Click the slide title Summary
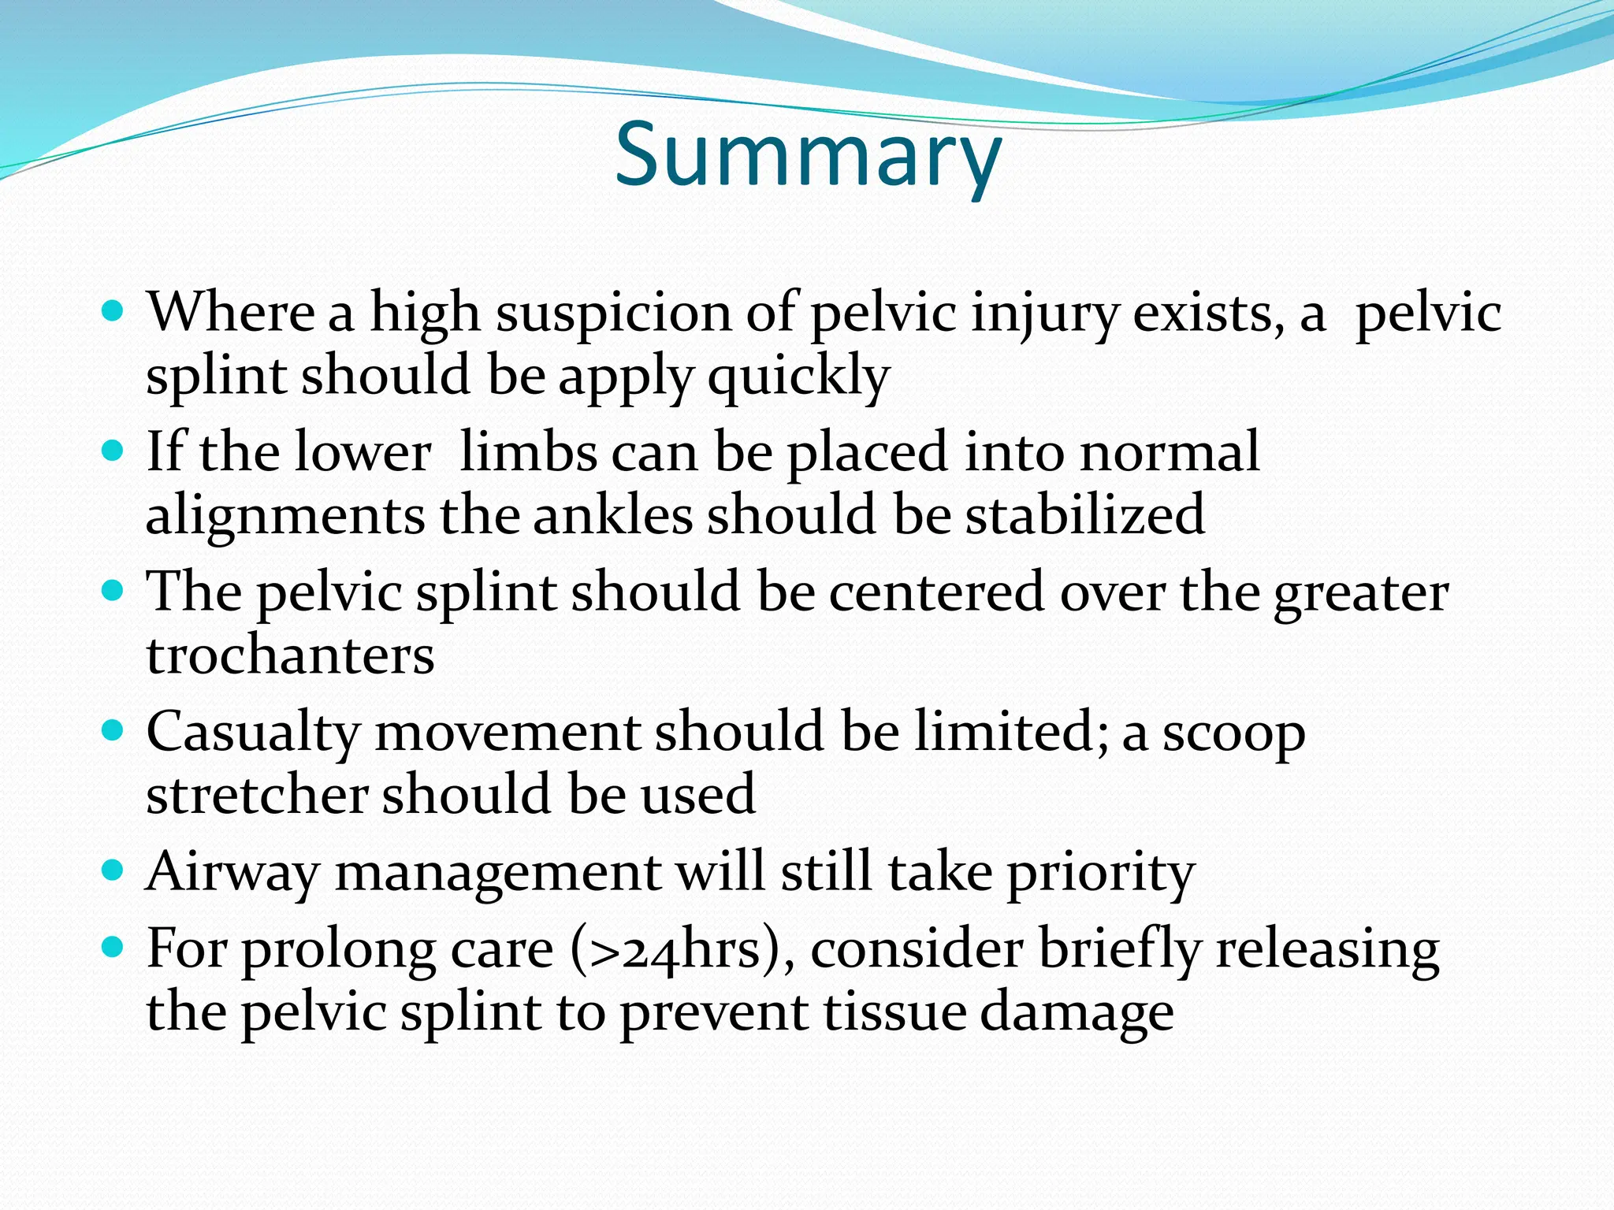tap(807, 155)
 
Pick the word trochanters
tap(290, 655)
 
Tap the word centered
tap(936, 592)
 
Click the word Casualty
tap(253, 733)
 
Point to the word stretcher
tap(257, 794)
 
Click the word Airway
tap(233, 873)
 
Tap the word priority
tap(1101, 873)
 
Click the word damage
tap(1077, 1013)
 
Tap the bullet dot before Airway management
tap(113, 870)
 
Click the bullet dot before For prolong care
tap(113, 946)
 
